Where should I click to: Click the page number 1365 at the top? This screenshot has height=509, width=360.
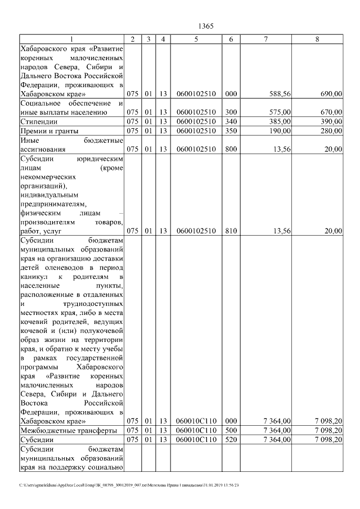tap(206, 26)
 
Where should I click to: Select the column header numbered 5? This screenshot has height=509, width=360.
tap(196, 39)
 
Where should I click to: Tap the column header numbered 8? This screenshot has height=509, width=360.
tap(317, 39)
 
